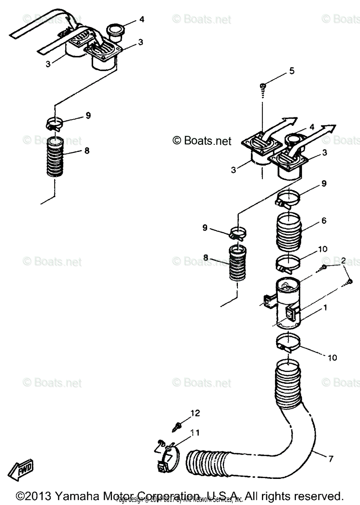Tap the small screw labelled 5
click(263, 86)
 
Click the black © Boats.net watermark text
click(203, 141)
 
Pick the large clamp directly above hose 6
click(289, 197)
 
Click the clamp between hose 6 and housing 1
click(289, 263)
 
